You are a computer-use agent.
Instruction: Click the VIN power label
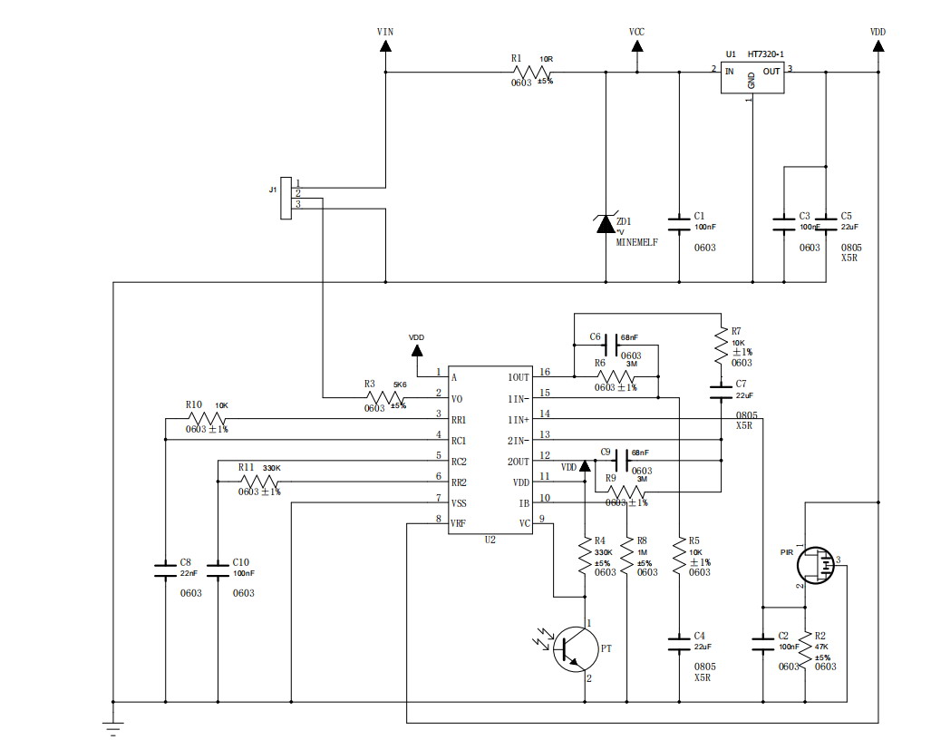pyautogui.click(x=385, y=32)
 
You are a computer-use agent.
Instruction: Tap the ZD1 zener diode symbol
pyautogui.click(x=606, y=223)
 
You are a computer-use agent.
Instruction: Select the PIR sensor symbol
pyautogui.click(x=814, y=566)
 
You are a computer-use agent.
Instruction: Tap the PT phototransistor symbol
pyautogui.click(x=573, y=650)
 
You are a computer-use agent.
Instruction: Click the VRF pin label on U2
pyautogui.click(x=460, y=523)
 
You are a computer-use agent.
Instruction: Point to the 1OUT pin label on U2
pyautogui.click(x=519, y=376)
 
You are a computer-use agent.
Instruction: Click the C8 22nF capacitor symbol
pyautogui.click(x=165, y=570)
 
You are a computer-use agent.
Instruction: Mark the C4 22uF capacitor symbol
pyautogui.click(x=679, y=643)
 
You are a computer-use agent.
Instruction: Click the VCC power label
pyautogui.click(x=636, y=32)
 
